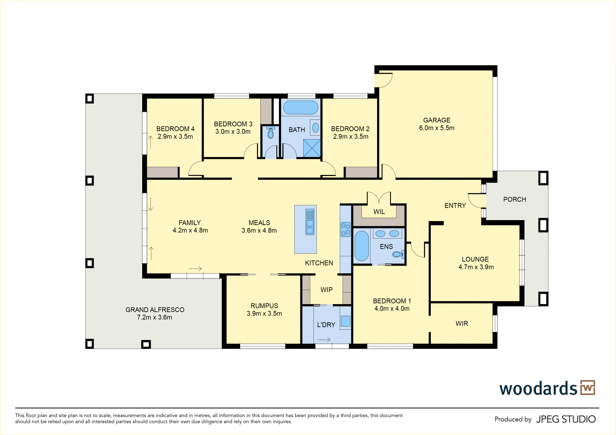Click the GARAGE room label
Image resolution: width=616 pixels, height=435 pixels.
(437, 120)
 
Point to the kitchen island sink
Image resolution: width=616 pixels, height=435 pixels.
(310, 222)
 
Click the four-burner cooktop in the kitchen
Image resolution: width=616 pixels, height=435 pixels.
(346, 229)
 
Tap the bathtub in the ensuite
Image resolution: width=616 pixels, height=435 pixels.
(362, 246)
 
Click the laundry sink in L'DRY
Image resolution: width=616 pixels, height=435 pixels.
(346, 321)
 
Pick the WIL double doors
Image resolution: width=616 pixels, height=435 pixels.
(379, 198)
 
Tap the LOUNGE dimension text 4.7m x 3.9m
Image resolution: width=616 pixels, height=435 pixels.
(476, 267)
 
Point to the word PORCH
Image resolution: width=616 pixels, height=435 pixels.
(515, 199)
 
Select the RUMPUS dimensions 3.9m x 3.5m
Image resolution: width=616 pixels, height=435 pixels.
(264, 313)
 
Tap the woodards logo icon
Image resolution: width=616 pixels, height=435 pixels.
(587, 388)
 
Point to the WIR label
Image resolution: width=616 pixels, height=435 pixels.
(462, 324)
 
